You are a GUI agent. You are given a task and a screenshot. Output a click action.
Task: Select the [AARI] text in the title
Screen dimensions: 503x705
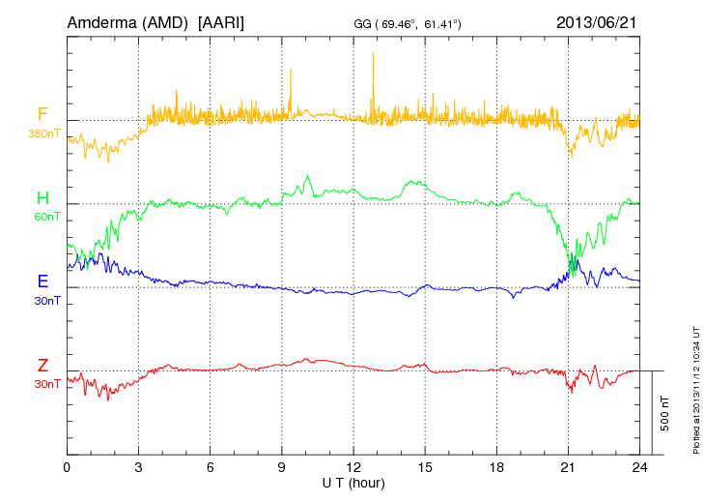[220, 21]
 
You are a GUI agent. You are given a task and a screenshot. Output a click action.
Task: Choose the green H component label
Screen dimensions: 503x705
[42, 199]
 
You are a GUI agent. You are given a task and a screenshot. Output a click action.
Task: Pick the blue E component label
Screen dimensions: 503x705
[42, 282]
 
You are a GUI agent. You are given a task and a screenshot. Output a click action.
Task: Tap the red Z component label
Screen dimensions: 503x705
[42, 366]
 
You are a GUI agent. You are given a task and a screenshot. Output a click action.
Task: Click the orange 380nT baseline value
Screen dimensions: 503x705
[44, 133]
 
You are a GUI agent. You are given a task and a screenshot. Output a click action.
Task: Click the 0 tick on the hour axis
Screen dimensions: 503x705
[67, 467]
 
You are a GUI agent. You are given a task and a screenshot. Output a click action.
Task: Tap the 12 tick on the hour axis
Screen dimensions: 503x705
[353, 467]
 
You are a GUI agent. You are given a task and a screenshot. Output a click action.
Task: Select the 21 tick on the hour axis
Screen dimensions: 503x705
[568, 467]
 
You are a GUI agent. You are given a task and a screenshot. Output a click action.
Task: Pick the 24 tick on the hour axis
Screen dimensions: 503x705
[639, 467]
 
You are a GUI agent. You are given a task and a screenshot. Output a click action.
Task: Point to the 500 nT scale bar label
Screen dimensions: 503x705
[665, 412]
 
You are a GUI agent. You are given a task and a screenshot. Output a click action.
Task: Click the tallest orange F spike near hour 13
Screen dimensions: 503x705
[373, 56]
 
